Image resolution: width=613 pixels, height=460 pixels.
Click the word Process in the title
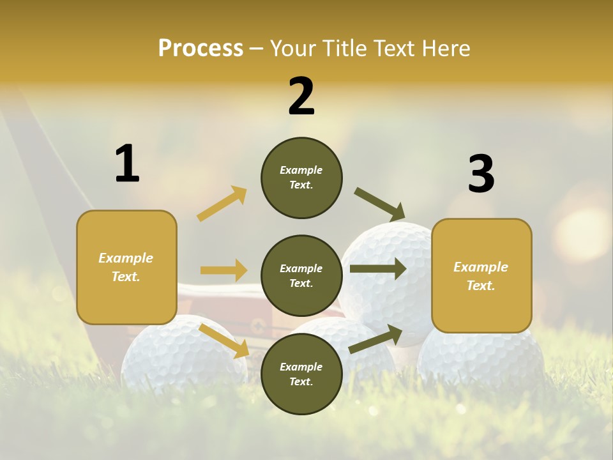(x=201, y=49)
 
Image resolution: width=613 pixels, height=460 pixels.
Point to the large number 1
(x=127, y=164)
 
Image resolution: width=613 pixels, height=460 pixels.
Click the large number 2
(x=301, y=96)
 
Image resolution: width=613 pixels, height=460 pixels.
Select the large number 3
(x=481, y=174)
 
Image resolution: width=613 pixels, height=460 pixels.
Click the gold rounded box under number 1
(x=126, y=267)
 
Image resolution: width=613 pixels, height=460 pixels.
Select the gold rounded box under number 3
(x=481, y=276)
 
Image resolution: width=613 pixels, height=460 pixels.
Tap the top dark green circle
(x=301, y=178)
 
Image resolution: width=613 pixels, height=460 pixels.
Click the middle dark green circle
(x=301, y=276)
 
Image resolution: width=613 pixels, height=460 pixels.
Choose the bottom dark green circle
(x=301, y=374)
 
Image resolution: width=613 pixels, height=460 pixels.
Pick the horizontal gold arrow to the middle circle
(x=224, y=270)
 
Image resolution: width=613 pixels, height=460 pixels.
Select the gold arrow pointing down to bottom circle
(x=224, y=340)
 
